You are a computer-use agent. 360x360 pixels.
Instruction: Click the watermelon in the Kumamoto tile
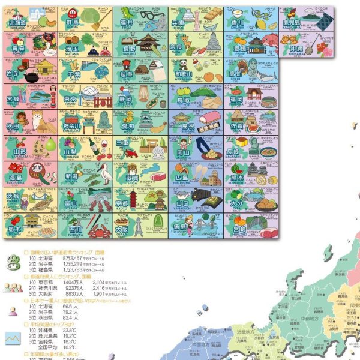click(x=236, y=169)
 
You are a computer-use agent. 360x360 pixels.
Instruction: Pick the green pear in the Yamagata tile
click(x=50, y=145)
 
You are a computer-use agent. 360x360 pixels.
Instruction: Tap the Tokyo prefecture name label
click(x=70, y=98)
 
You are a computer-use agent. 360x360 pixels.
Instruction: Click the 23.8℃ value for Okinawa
click(x=69, y=330)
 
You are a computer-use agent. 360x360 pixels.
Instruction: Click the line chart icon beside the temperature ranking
click(x=13, y=340)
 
